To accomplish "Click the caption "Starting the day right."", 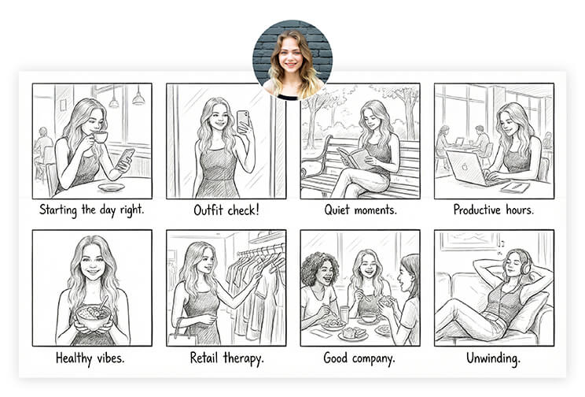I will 91,210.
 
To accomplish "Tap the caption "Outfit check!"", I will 226,210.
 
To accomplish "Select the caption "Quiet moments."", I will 359,210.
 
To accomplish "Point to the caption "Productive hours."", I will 494,210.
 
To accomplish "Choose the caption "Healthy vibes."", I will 91,358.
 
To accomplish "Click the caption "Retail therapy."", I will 226,358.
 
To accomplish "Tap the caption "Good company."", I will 359,358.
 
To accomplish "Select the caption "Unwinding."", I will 494,358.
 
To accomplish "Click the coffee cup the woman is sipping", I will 101,137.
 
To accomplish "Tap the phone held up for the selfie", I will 242,121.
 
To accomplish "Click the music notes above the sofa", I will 501,244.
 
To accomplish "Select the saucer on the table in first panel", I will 111,187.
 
